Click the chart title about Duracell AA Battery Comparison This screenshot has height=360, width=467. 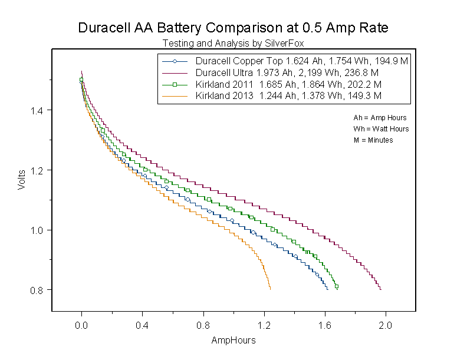[233, 28]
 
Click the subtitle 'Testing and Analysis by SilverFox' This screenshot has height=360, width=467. [233, 43]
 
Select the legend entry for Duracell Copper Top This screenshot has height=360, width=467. [302, 61]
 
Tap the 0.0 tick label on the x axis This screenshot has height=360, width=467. [82, 325]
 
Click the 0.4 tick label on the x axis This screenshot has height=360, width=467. [143, 325]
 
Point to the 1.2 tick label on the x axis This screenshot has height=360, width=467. [264, 325]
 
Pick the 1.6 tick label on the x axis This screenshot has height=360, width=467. [325, 325]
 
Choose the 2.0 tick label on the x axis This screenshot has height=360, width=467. [386, 325]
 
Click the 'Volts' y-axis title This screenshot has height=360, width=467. [21, 180]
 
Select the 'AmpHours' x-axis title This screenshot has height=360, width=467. [233, 341]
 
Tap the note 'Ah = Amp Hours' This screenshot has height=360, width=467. [380, 118]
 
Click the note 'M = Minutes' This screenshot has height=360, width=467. [373, 140]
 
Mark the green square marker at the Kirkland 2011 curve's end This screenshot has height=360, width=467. [337, 287]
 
